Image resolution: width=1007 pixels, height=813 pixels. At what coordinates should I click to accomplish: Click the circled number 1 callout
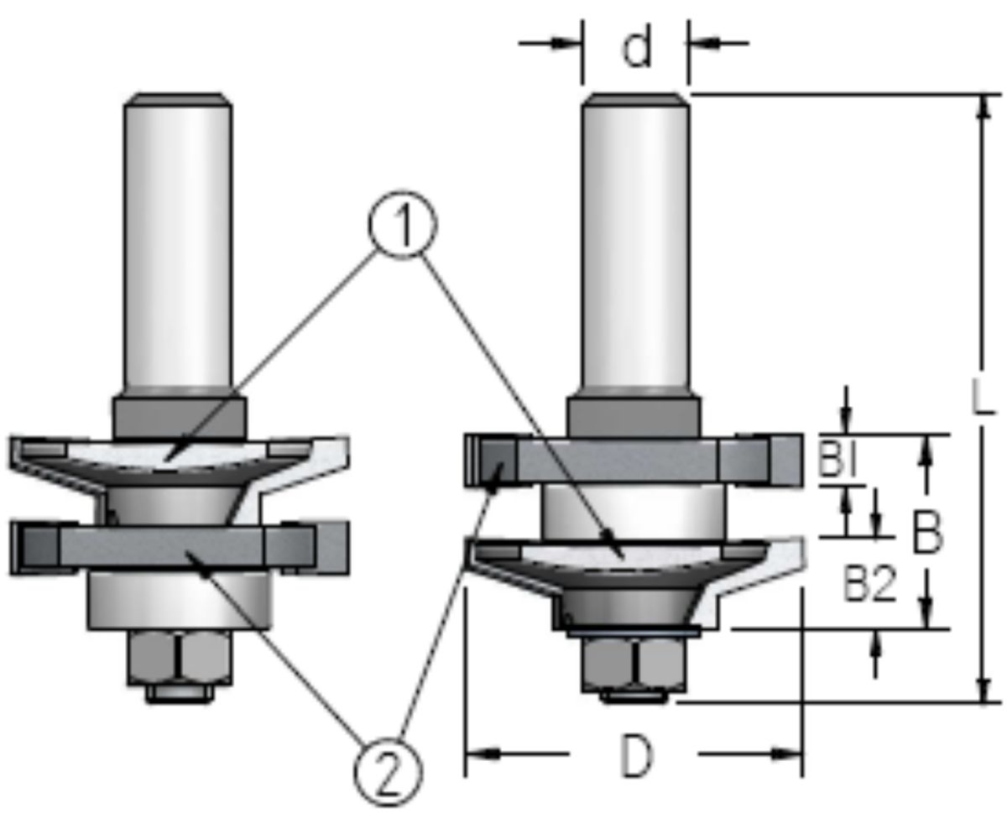coord(402,228)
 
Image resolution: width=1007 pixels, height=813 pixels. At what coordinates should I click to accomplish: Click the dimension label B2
coord(869,588)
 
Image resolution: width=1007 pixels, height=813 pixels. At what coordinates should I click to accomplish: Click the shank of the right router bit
coord(635,243)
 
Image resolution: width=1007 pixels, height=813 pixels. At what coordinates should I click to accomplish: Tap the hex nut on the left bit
coord(179,657)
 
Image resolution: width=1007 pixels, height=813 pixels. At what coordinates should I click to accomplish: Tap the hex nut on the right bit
coord(634,663)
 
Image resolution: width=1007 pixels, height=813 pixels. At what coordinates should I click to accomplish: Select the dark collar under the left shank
coord(179,418)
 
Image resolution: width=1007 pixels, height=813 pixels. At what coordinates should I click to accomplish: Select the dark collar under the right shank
coord(634,417)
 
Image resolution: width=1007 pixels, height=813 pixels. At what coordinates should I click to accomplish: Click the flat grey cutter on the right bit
coord(634,460)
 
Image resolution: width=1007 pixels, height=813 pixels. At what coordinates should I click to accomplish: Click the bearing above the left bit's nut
coord(179,601)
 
